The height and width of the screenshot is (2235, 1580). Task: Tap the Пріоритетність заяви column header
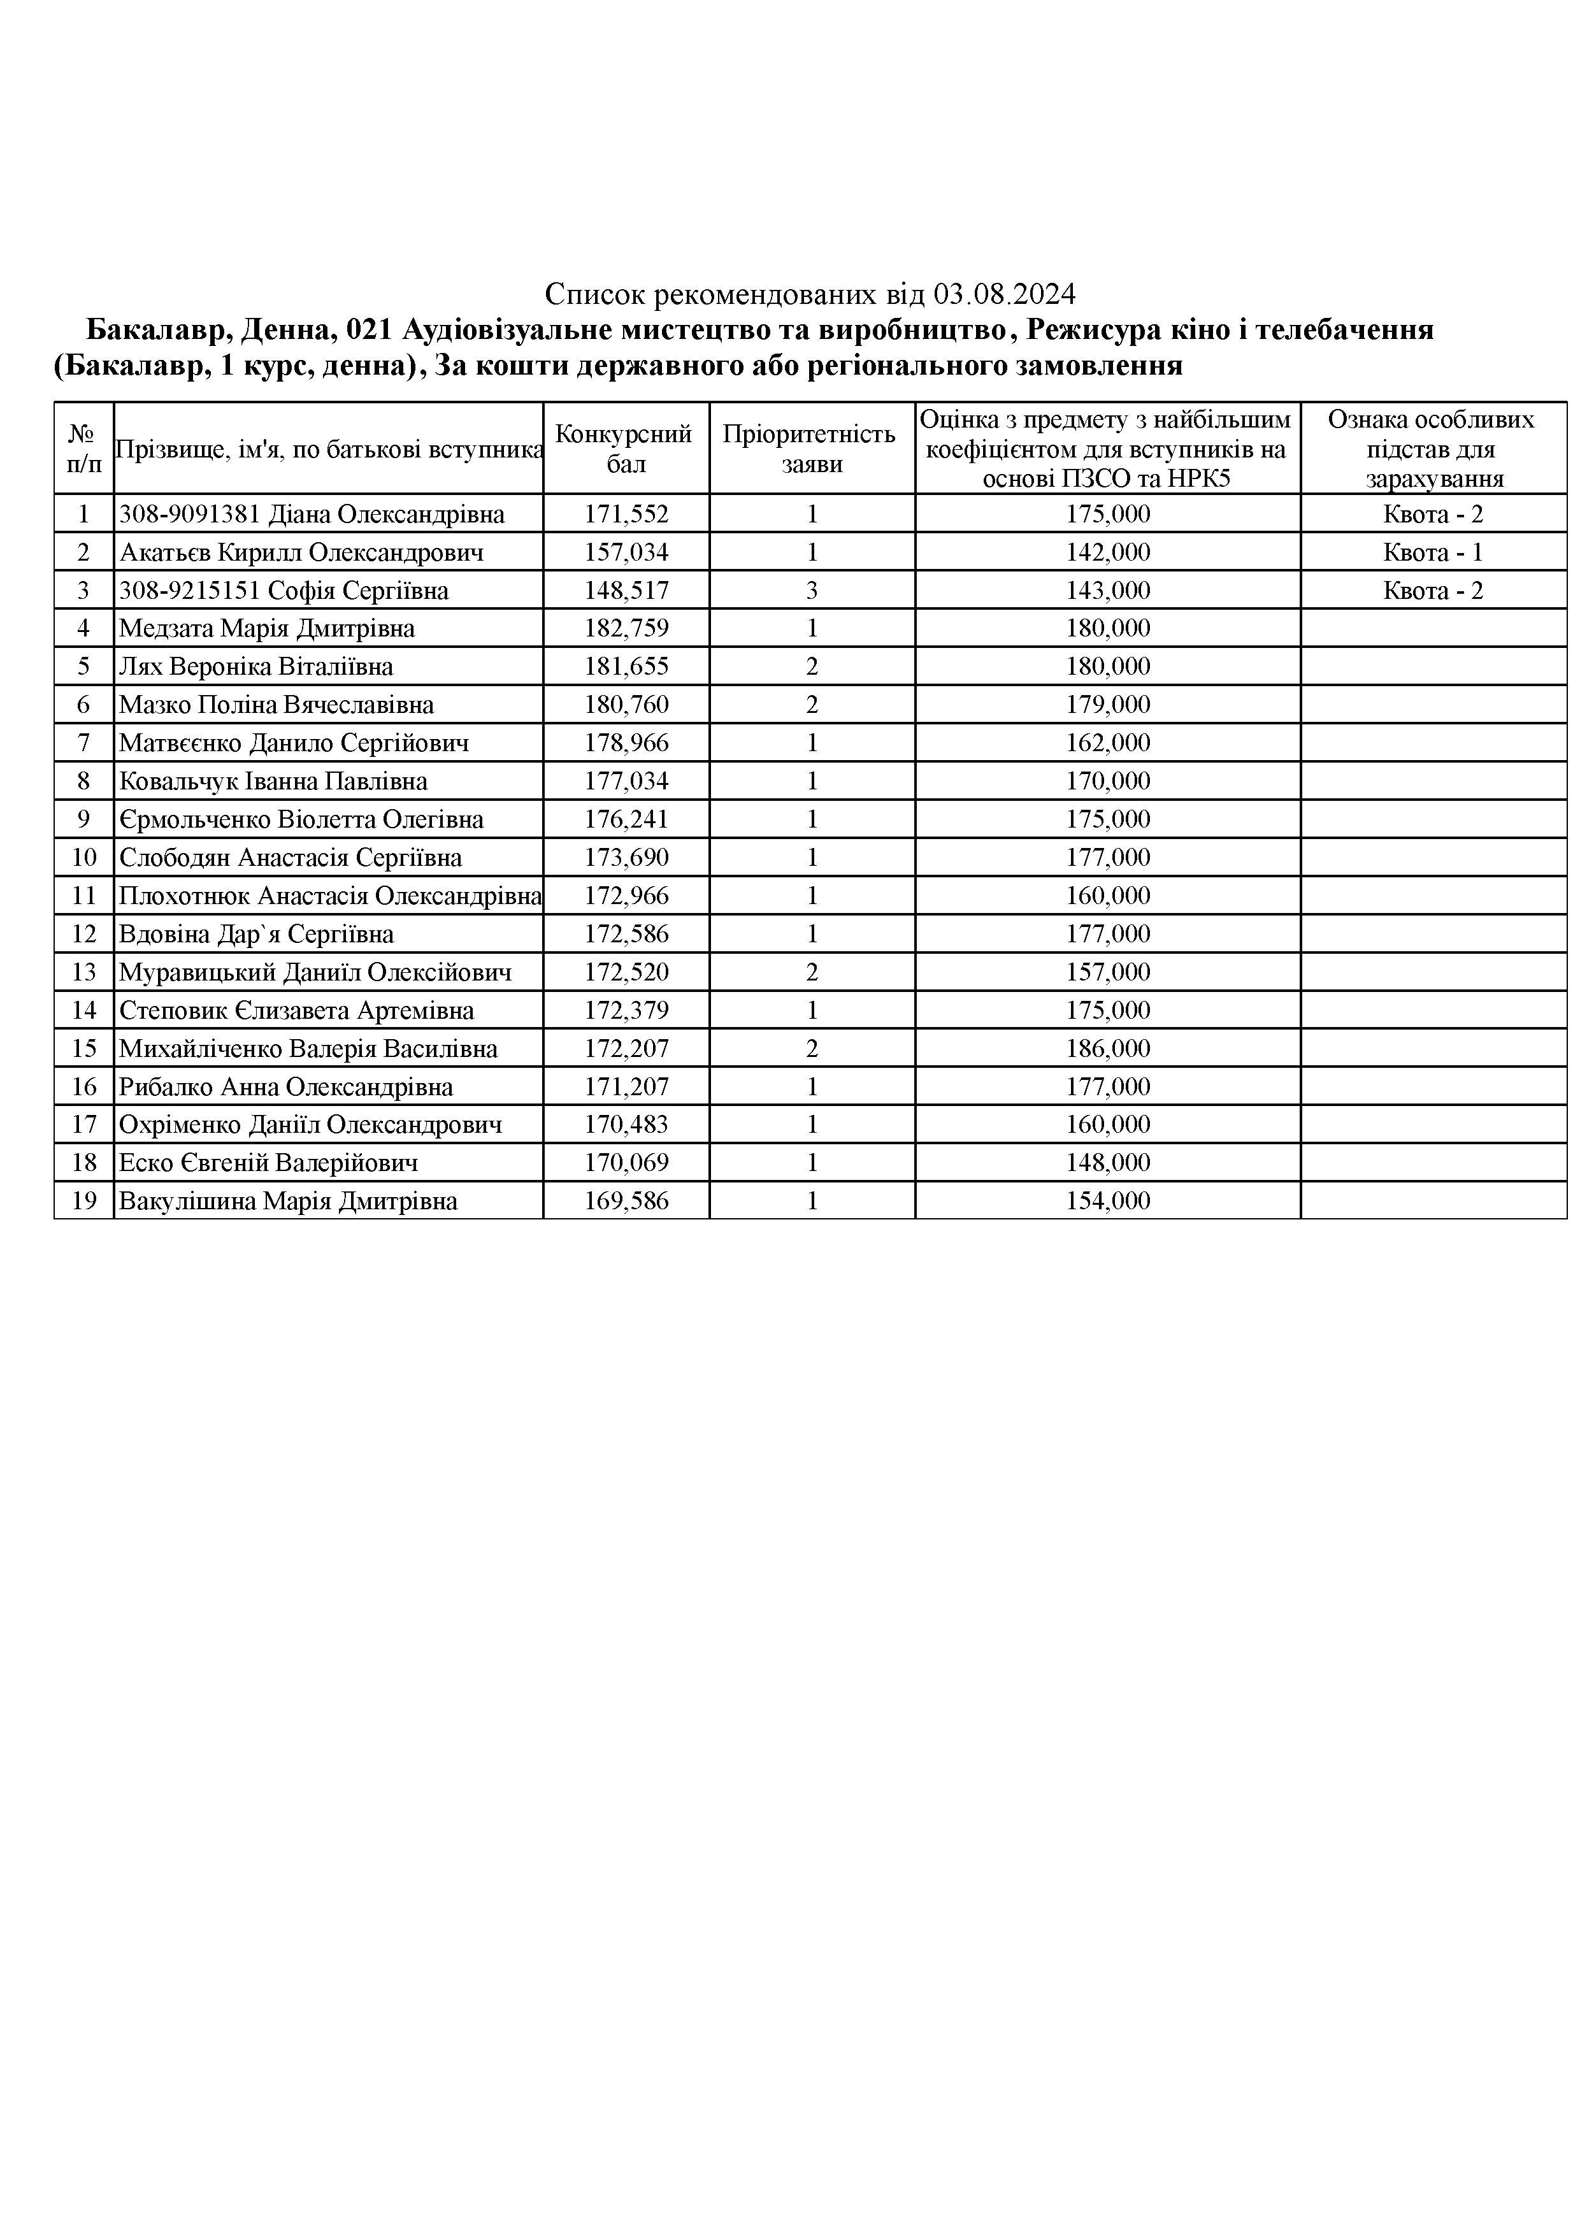(811, 449)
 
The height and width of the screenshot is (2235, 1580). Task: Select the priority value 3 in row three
(812, 591)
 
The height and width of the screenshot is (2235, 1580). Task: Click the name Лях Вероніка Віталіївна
(256, 667)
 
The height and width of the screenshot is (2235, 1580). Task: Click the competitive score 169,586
(626, 1201)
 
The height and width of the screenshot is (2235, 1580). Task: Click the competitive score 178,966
(626, 744)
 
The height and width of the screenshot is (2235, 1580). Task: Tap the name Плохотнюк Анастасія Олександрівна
(329, 896)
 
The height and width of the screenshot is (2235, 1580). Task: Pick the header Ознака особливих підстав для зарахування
(1432, 449)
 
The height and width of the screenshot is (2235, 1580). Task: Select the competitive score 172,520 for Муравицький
(626, 972)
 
